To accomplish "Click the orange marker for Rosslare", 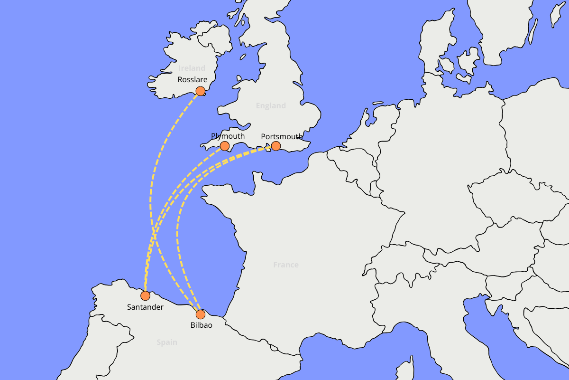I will (x=200, y=91).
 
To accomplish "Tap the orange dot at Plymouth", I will (x=225, y=146).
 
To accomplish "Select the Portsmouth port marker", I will (x=276, y=146).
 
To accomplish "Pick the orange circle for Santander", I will (x=145, y=295).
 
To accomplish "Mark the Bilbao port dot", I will (x=200, y=314).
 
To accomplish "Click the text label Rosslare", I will (x=193, y=80).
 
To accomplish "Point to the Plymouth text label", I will (x=228, y=136).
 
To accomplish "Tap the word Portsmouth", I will (x=282, y=137).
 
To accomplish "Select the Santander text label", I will (x=145, y=307).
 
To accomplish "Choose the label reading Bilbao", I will (x=201, y=325).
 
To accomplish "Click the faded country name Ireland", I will (x=192, y=68).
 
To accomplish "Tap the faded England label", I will (x=271, y=105).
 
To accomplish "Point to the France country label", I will (x=286, y=265).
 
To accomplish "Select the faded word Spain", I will (x=167, y=342).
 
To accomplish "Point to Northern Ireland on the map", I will (x=216, y=40).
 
